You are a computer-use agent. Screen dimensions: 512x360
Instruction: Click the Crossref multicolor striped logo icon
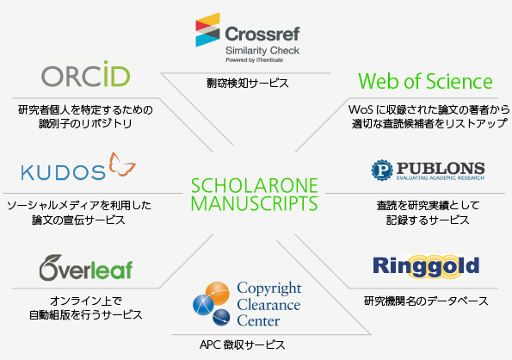[x=207, y=30]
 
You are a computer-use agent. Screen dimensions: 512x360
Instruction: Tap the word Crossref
[x=262, y=34]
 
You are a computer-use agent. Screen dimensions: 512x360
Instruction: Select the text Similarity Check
[x=262, y=51]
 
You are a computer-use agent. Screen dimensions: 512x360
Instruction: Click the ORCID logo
[x=86, y=73]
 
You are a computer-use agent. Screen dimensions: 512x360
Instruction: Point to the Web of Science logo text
[x=425, y=81]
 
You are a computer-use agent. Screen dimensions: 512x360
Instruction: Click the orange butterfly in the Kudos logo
[x=122, y=164]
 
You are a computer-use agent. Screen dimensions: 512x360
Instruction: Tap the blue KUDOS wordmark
[x=64, y=172]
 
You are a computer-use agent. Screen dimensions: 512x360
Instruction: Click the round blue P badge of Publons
[x=382, y=171]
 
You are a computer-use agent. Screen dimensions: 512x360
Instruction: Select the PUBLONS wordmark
[x=441, y=168]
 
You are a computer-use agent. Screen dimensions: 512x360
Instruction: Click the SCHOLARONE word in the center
[x=255, y=185]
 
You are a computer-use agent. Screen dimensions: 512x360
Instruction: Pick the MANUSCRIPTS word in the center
[x=255, y=203]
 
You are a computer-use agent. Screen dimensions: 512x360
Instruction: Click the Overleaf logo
[x=86, y=268]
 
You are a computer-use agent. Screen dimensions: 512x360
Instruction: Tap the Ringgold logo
[x=426, y=266]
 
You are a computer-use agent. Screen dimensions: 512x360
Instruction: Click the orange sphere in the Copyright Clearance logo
[x=218, y=294]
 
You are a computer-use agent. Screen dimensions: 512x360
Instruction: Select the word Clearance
[x=268, y=305]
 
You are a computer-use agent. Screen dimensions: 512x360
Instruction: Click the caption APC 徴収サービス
[x=243, y=344]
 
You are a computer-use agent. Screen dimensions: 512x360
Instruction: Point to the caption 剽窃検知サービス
[x=248, y=83]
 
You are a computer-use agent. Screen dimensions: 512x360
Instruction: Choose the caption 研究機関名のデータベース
[x=426, y=301]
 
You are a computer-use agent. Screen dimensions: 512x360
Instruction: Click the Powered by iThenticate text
[x=255, y=60]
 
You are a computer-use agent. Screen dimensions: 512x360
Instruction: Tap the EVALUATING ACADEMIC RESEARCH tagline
[x=441, y=178]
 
